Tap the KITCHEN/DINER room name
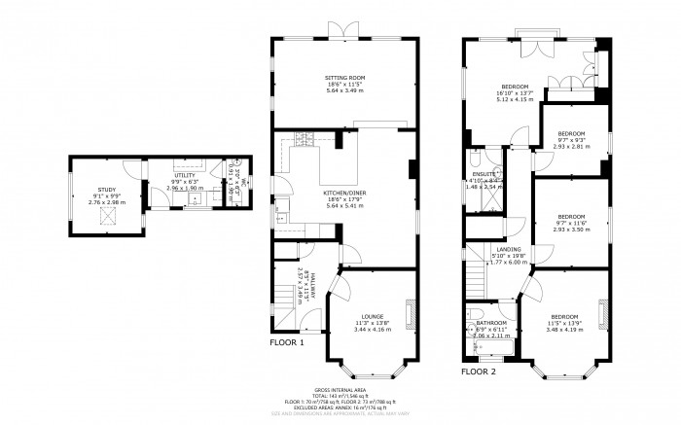[343, 193]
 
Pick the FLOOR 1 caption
[287, 342]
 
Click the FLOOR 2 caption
[478, 372]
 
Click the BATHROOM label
[491, 323]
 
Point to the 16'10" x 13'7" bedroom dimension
[517, 91]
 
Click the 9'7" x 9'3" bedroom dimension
[571, 140]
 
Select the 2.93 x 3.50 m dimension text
[571, 230]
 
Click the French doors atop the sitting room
[343, 31]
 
